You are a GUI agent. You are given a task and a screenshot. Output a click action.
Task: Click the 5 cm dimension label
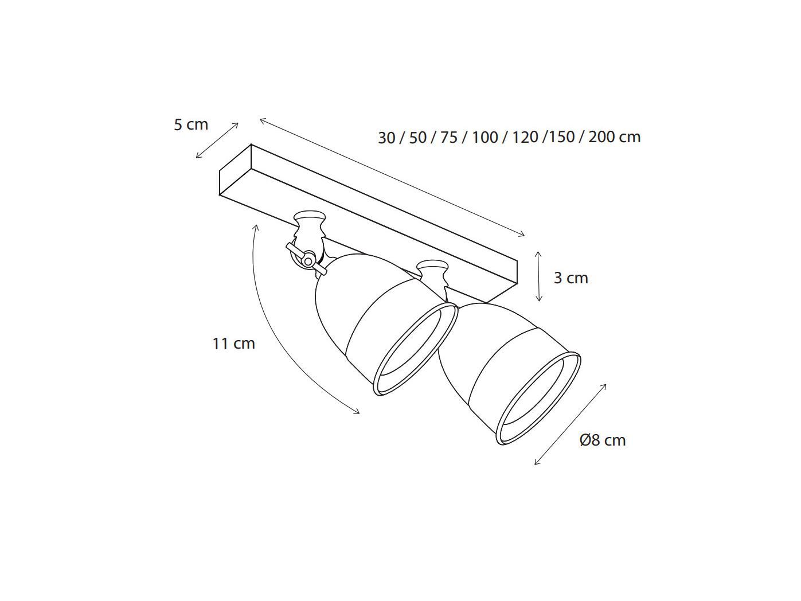[191, 124]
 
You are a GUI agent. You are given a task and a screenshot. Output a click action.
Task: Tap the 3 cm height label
[571, 278]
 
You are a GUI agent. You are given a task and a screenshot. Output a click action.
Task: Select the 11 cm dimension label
[233, 344]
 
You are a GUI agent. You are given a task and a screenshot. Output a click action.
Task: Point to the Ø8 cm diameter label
[603, 440]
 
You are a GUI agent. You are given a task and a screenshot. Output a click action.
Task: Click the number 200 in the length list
[602, 137]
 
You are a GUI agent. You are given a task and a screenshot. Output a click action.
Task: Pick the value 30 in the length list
[386, 138]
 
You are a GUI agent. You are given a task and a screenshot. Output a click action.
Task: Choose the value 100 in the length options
[485, 138]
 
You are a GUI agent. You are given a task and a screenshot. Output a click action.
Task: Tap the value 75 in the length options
[449, 138]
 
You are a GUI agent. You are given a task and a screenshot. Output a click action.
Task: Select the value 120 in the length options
[525, 138]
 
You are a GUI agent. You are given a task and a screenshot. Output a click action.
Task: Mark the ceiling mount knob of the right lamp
[432, 268]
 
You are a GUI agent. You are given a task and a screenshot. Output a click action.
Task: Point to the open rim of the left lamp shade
[415, 349]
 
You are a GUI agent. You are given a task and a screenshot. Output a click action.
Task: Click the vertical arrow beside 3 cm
[538, 276]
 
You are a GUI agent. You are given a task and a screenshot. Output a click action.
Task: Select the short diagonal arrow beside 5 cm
[217, 140]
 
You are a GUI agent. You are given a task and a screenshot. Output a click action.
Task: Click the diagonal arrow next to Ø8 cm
[570, 424]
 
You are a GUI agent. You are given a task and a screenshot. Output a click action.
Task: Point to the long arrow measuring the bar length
[392, 177]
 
